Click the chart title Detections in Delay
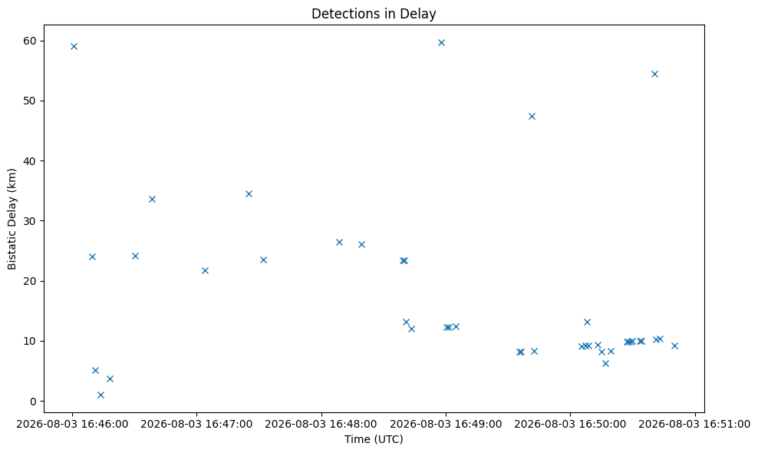[374, 14]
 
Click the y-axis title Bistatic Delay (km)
[12, 219]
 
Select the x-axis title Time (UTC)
[374, 439]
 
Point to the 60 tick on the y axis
[30, 41]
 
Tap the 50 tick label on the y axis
[30, 101]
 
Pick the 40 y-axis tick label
[30, 160]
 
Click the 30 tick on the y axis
[30, 220]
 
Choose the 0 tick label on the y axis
[34, 402]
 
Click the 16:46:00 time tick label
[73, 425]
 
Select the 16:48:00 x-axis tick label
[321, 425]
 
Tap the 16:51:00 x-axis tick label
[694, 425]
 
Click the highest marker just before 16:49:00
[441, 42]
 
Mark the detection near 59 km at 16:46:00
[74, 47]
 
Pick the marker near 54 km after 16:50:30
[654, 74]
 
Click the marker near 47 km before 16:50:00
[532, 116]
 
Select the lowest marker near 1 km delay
[101, 395]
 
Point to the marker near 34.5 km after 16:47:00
[249, 193]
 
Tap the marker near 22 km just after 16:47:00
[205, 270]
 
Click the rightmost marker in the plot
[675, 346]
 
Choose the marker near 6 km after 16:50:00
[605, 363]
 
